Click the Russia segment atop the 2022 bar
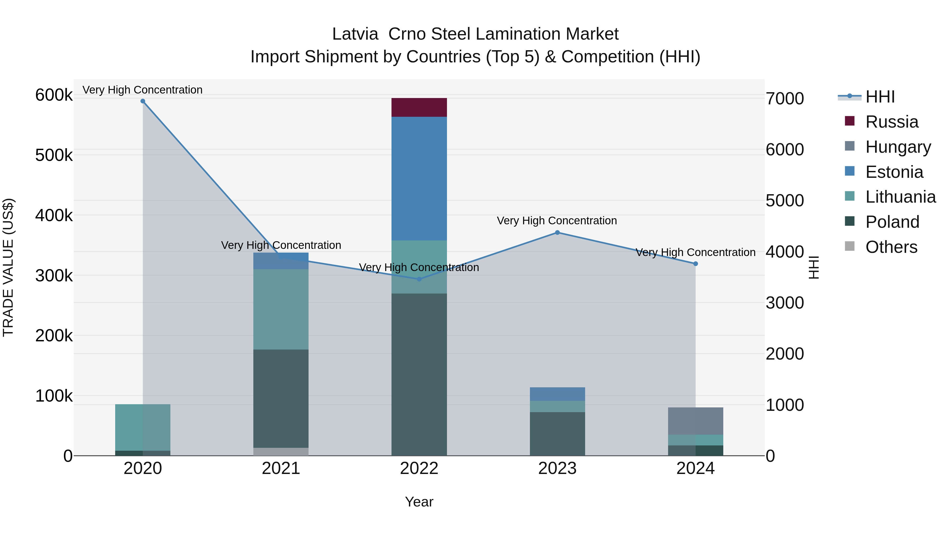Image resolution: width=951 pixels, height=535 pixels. (419, 108)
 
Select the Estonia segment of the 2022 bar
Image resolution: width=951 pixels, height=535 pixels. (419, 179)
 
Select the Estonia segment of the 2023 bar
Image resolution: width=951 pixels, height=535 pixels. (557, 394)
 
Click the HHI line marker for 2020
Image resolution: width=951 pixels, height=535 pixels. (143, 101)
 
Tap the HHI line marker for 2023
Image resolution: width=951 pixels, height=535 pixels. (557, 232)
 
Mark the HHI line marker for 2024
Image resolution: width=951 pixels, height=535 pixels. (696, 264)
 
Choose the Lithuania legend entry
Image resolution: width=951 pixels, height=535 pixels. (900, 197)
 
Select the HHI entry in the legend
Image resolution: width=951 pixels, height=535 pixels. (879, 97)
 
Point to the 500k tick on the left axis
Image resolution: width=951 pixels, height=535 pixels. (54, 155)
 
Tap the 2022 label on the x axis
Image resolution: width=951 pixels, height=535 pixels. (419, 468)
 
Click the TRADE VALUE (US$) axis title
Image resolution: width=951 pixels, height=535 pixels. (8, 267)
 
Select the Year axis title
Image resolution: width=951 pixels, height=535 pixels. (419, 502)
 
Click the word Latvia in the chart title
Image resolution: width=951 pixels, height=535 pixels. (355, 34)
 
